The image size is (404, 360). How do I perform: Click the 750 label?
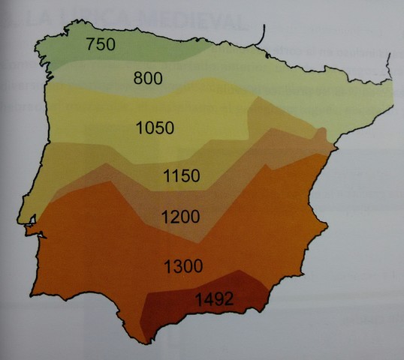pos(100,45)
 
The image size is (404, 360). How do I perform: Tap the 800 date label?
pos(148,78)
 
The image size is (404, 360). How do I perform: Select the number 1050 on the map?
pos(156,127)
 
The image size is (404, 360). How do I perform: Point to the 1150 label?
pos(181,177)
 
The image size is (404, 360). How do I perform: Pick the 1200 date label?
pos(180,217)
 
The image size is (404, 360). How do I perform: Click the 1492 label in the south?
pos(215,298)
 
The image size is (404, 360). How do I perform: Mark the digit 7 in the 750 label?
pos(89,45)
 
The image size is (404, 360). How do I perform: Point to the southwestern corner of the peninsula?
pos(35,289)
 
